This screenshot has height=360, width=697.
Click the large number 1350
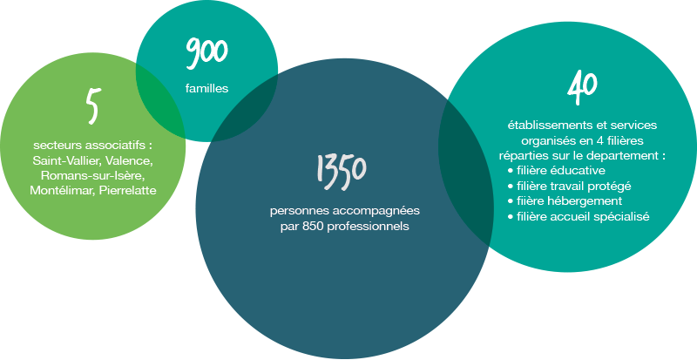click(341, 169)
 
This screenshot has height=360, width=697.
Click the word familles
click(206, 88)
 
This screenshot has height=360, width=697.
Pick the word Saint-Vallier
click(65, 162)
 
